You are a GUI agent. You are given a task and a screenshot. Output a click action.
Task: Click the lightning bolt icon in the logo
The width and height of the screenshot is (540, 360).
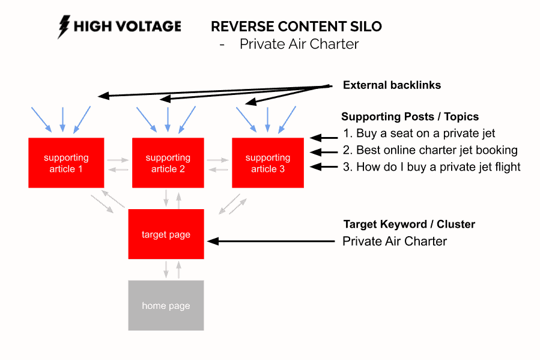(x=63, y=27)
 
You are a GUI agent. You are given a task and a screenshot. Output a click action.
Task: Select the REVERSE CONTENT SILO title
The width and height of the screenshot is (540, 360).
(x=296, y=26)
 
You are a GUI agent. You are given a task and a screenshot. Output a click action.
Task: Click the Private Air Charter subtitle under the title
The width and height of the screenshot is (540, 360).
(x=299, y=44)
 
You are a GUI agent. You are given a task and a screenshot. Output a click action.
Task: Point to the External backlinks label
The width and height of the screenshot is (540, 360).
(x=392, y=85)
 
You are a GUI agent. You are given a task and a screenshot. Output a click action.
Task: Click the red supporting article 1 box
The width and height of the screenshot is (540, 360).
(x=66, y=163)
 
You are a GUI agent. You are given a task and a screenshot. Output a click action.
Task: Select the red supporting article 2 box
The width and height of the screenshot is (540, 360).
(x=168, y=163)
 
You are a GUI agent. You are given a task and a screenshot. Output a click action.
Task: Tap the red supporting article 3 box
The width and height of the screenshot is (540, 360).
(x=268, y=163)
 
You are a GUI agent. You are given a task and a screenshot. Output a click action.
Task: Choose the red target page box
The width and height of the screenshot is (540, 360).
(x=166, y=234)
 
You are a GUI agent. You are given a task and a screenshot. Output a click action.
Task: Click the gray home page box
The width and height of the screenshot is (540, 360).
(x=166, y=305)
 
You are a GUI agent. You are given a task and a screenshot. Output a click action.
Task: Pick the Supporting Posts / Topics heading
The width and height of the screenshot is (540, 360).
(x=410, y=117)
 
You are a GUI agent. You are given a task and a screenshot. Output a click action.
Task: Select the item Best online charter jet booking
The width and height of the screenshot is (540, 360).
(x=437, y=150)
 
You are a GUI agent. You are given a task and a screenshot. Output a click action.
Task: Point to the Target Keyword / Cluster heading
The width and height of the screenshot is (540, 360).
(x=409, y=224)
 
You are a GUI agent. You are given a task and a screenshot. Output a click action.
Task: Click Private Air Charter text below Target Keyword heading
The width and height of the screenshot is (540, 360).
(x=395, y=242)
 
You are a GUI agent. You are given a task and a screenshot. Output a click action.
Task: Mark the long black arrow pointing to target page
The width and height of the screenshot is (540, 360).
(x=270, y=242)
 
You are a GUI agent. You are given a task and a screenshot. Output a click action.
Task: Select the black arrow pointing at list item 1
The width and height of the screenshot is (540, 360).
(x=323, y=137)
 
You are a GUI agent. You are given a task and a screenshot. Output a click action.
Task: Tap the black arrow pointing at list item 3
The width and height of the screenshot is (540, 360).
(x=323, y=168)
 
